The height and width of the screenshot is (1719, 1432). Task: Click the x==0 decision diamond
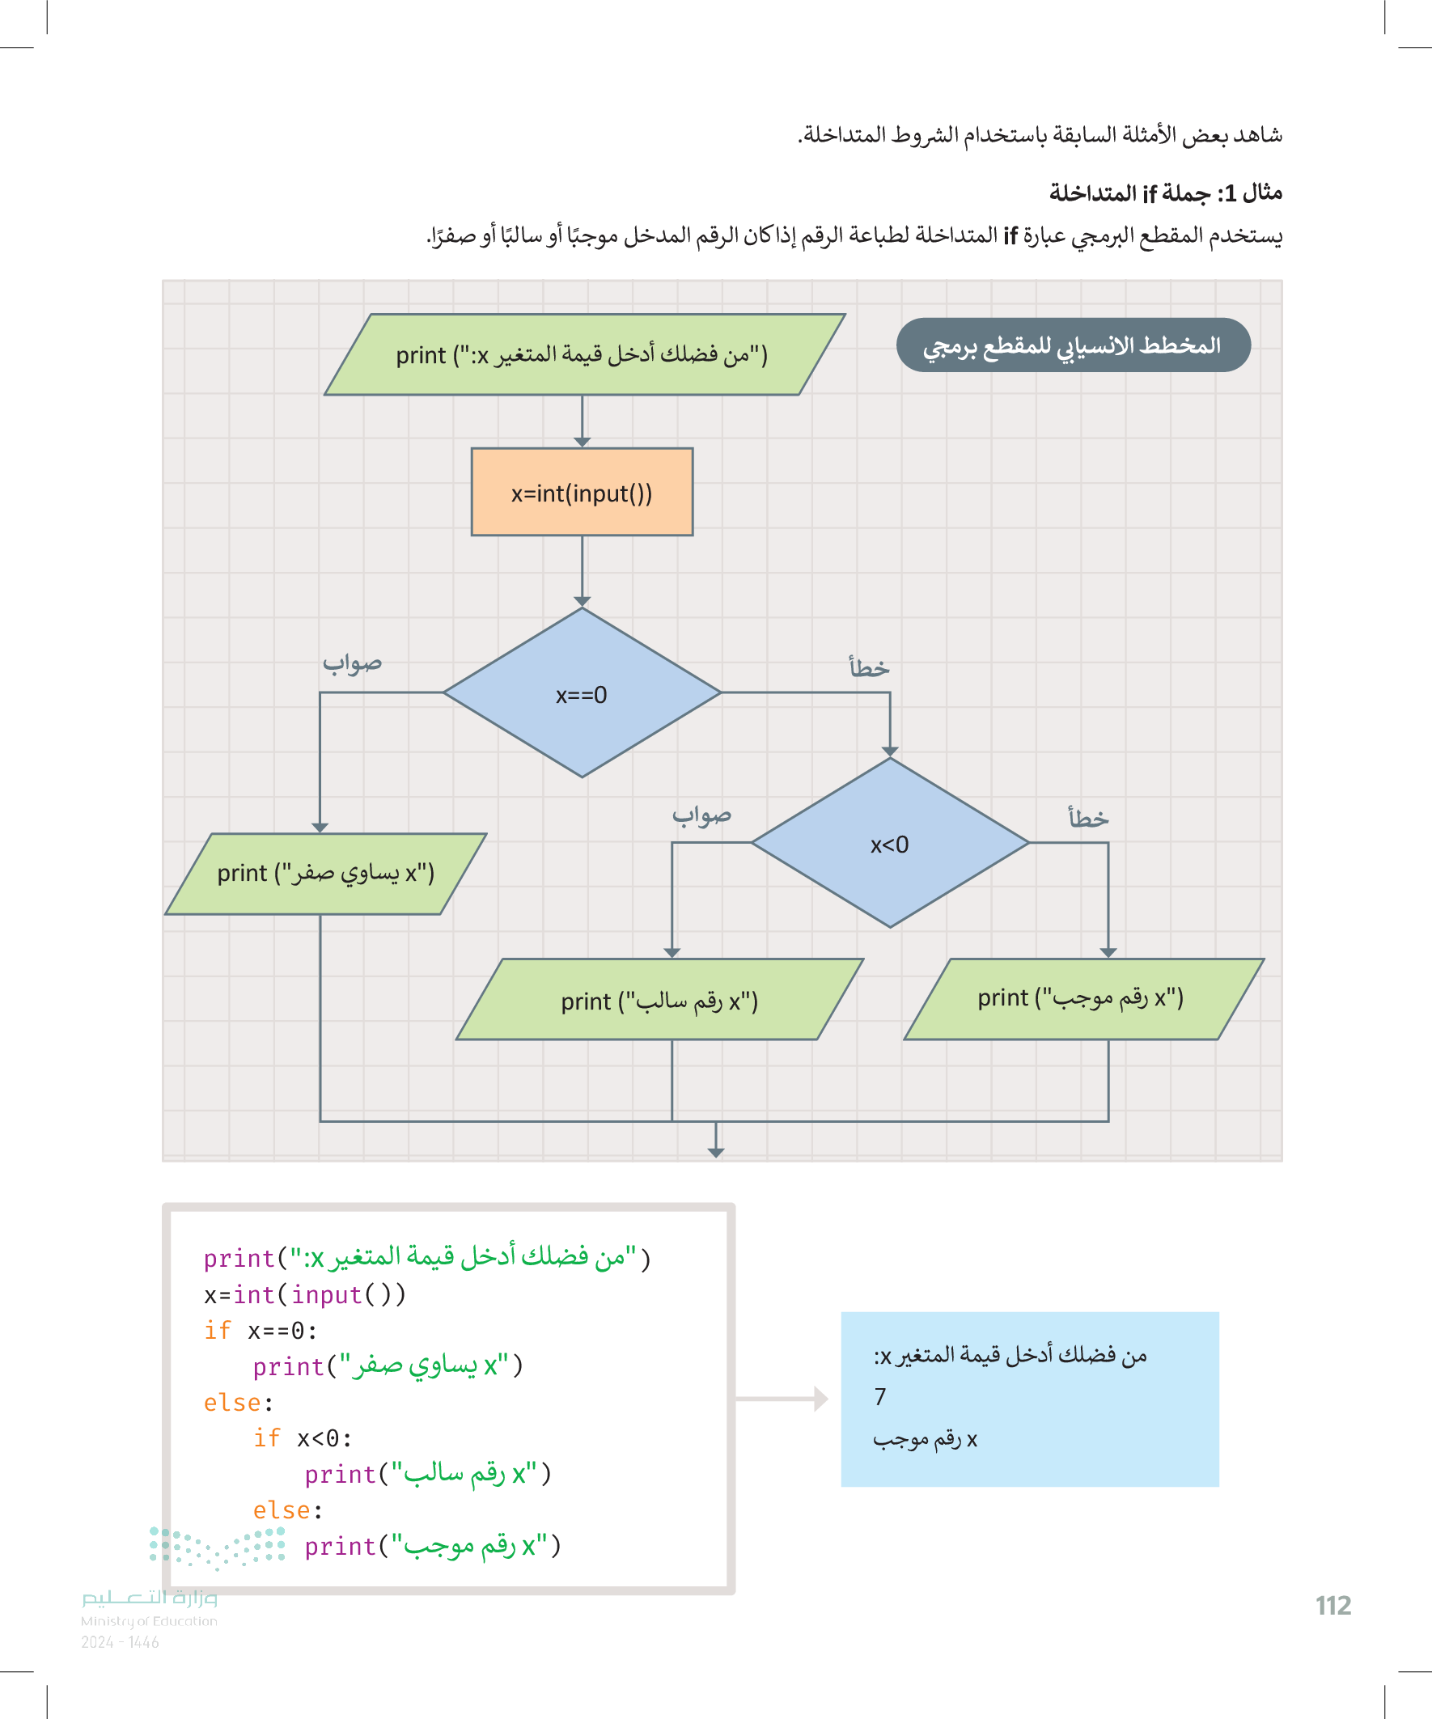pos(582,693)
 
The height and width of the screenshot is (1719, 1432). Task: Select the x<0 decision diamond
pos(889,843)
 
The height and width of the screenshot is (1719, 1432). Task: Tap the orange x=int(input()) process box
pos(582,493)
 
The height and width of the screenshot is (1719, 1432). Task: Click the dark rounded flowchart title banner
pos(1073,345)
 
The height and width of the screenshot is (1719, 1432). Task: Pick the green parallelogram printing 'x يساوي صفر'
pos(325,874)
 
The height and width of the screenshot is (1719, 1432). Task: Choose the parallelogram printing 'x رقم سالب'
pos(659,1001)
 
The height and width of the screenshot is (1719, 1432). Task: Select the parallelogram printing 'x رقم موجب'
pos(1082,999)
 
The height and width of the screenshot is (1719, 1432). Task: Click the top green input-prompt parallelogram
pos(583,355)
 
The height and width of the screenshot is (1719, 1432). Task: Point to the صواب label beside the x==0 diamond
pos(352,663)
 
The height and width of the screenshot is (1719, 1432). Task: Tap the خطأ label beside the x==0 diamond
pos(869,668)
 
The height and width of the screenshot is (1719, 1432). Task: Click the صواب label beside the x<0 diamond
pos(701,815)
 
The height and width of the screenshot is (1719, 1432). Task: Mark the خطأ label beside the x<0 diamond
pos(1088,818)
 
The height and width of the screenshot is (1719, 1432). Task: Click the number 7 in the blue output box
pos(880,1396)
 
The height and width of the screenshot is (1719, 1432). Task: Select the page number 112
pos(1333,1606)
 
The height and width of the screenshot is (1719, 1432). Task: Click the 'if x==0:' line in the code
pos(261,1331)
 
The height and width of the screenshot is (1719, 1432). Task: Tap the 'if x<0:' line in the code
pos(303,1438)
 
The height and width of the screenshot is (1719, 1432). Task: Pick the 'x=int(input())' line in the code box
pos(304,1295)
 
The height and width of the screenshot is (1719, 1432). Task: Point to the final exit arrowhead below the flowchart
pos(715,1152)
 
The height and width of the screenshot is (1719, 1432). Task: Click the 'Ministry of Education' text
pos(149,1621)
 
